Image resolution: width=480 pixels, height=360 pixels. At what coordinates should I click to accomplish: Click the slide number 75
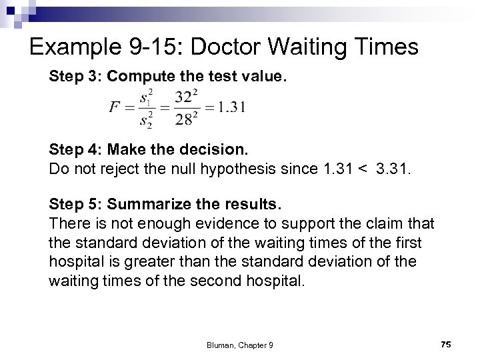(x=446, y=343)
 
